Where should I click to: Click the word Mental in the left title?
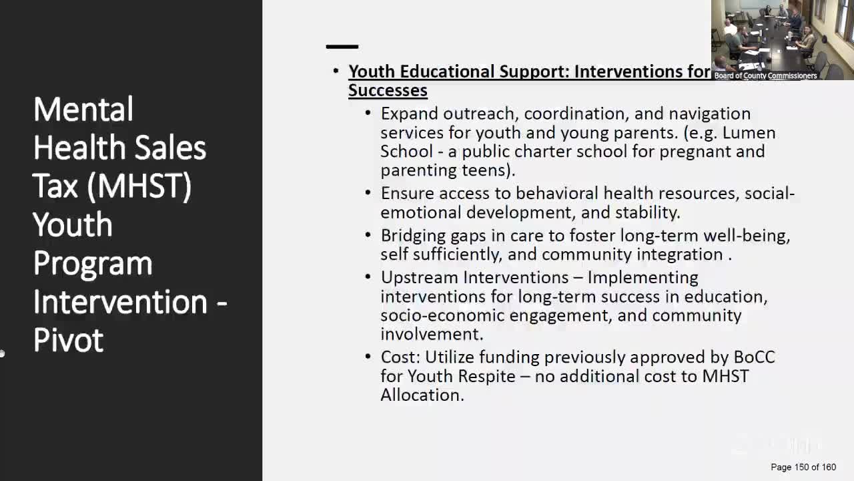[83, 110]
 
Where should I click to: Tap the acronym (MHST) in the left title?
[139, 186]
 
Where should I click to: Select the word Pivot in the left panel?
[68, 340]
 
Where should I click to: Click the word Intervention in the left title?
[120, 302]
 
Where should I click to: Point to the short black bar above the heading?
[342, 47]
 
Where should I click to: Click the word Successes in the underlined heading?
[388, 90]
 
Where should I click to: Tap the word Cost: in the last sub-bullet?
[400, 357]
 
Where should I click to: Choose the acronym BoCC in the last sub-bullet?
[754, 357]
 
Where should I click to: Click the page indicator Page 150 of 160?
[803, 467]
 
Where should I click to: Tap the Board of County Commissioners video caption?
[765, 75]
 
